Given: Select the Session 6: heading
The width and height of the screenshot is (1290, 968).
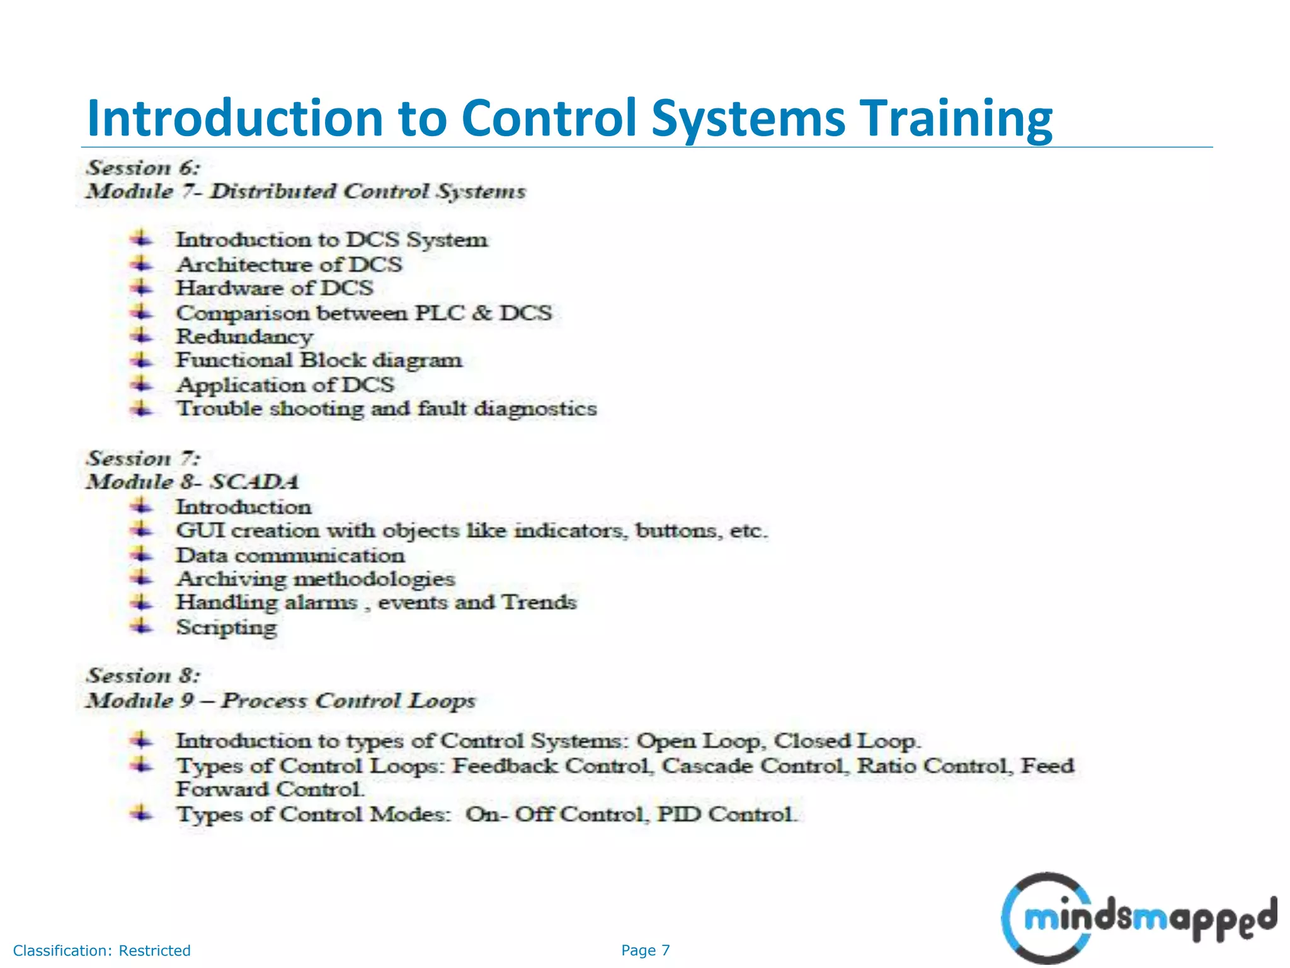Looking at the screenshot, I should click(144, 168).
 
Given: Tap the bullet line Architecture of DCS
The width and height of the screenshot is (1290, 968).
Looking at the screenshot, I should click(288, 264).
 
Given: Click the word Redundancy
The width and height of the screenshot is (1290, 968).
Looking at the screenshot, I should click(244, 337).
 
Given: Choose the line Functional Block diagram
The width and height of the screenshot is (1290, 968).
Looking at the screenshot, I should click(319, 360).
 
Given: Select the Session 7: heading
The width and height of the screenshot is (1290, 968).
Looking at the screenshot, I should click(144, 458).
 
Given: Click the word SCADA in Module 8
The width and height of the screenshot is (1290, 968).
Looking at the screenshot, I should click(254, 482).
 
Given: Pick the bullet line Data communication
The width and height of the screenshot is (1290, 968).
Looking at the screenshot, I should click(290, 555).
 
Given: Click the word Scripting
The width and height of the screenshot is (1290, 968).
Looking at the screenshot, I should click(226, 628).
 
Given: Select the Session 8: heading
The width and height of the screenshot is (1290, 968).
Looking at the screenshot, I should click(144, 676).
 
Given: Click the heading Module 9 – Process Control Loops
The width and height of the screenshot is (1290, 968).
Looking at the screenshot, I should click(281, 701).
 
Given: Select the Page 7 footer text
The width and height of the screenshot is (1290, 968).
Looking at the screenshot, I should click(646, 950).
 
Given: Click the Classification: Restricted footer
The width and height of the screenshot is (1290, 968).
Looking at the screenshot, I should click(101, 950).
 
